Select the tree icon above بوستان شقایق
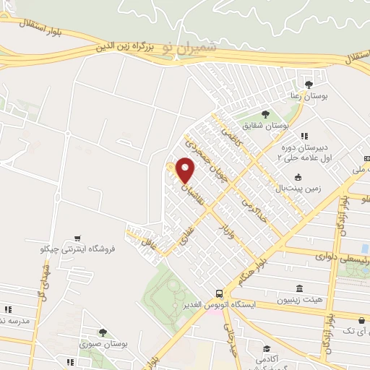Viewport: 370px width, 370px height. (x=264, y=114)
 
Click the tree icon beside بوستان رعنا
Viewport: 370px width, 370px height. (x=309, y=85)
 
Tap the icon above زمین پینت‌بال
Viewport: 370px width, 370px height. (x=298, y=177)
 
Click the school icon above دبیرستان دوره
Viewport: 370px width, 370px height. (x=304, y=135)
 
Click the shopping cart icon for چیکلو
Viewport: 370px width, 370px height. (x=77, y=237)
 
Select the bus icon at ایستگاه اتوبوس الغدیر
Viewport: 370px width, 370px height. (x=218, y=293)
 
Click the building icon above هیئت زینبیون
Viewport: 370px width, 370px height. (x=300, y=288)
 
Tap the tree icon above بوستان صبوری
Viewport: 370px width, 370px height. (x=103, y=332)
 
